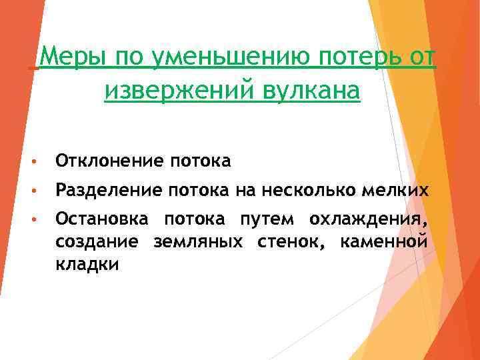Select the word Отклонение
point(109,161)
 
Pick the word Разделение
point(109,191)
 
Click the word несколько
point(304,191)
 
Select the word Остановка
point(104,218)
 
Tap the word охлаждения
point(367,219)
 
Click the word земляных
point(197,242)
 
